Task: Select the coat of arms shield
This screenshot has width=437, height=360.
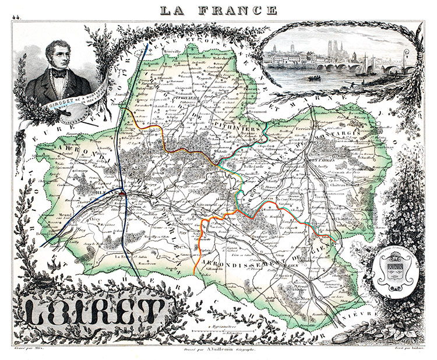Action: (x=394, y=270)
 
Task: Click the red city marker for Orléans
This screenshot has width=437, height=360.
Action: (x=124, y=195)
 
